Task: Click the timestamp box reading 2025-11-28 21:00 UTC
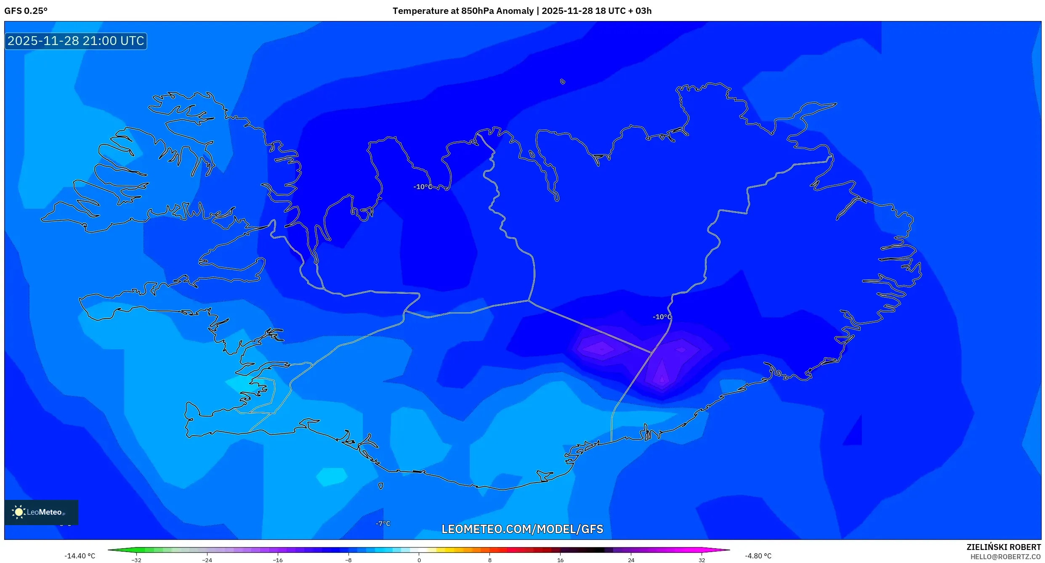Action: (76, 41)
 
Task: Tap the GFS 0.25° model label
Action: (26, 11)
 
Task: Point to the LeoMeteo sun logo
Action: (19, 512)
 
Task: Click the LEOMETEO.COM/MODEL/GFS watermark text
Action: (522, 529)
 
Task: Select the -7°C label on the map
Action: (383, 523)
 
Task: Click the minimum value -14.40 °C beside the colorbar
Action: (80, 556)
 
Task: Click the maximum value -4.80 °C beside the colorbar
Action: (758, 556)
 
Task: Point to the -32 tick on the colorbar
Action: (136, 560)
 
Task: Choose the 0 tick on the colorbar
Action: (419, 560)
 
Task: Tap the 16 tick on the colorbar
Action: (560, 560)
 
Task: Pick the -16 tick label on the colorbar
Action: (278, 560)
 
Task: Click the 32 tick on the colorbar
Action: (702, 560)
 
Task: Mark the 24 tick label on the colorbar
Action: (631, 560)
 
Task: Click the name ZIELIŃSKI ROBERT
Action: (1003, 547)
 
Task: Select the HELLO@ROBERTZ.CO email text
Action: (1005, 557)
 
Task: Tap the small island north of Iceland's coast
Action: (563, 82)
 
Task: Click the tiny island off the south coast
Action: (381, 486)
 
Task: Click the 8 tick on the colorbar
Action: (490, 560)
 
